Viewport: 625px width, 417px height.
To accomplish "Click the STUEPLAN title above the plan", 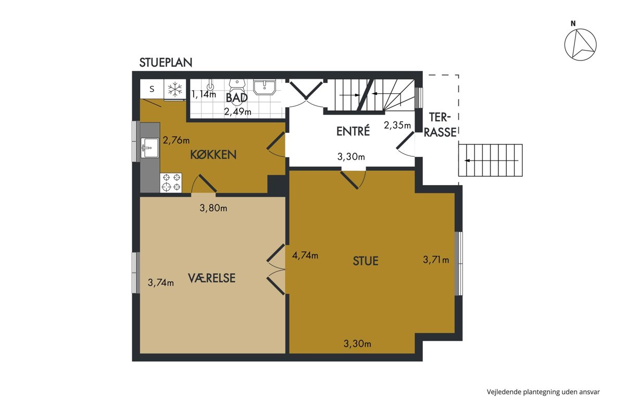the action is click(166, 63).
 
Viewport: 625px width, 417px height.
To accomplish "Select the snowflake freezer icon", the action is click(175, 89).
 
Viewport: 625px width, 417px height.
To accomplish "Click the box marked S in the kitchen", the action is click(152, 89).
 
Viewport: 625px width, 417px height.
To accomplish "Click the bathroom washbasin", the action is click(264, 87).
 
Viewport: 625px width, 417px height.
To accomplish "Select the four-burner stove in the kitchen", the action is click(171, 182).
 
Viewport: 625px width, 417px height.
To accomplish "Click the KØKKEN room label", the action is click(213, 155).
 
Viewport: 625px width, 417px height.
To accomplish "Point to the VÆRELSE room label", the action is click(211, 278).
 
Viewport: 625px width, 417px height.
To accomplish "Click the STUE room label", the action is click(366, 261).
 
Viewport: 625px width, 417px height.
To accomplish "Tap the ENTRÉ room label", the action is click(353, 131).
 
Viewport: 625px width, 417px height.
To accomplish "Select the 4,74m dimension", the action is click(305, 255).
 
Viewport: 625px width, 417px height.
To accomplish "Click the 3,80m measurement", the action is click(213, 208).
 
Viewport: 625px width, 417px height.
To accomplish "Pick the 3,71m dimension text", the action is click(436, 260).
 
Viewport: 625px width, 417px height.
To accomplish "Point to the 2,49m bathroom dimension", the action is click(238, 112).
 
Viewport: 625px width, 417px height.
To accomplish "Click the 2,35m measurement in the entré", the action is click(397, 125).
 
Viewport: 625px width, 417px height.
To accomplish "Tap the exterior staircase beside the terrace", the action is click(490, 161).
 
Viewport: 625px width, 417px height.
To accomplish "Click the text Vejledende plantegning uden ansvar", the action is click(543, 392).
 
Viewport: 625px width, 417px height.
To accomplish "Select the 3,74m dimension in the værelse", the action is click(161, 283).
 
